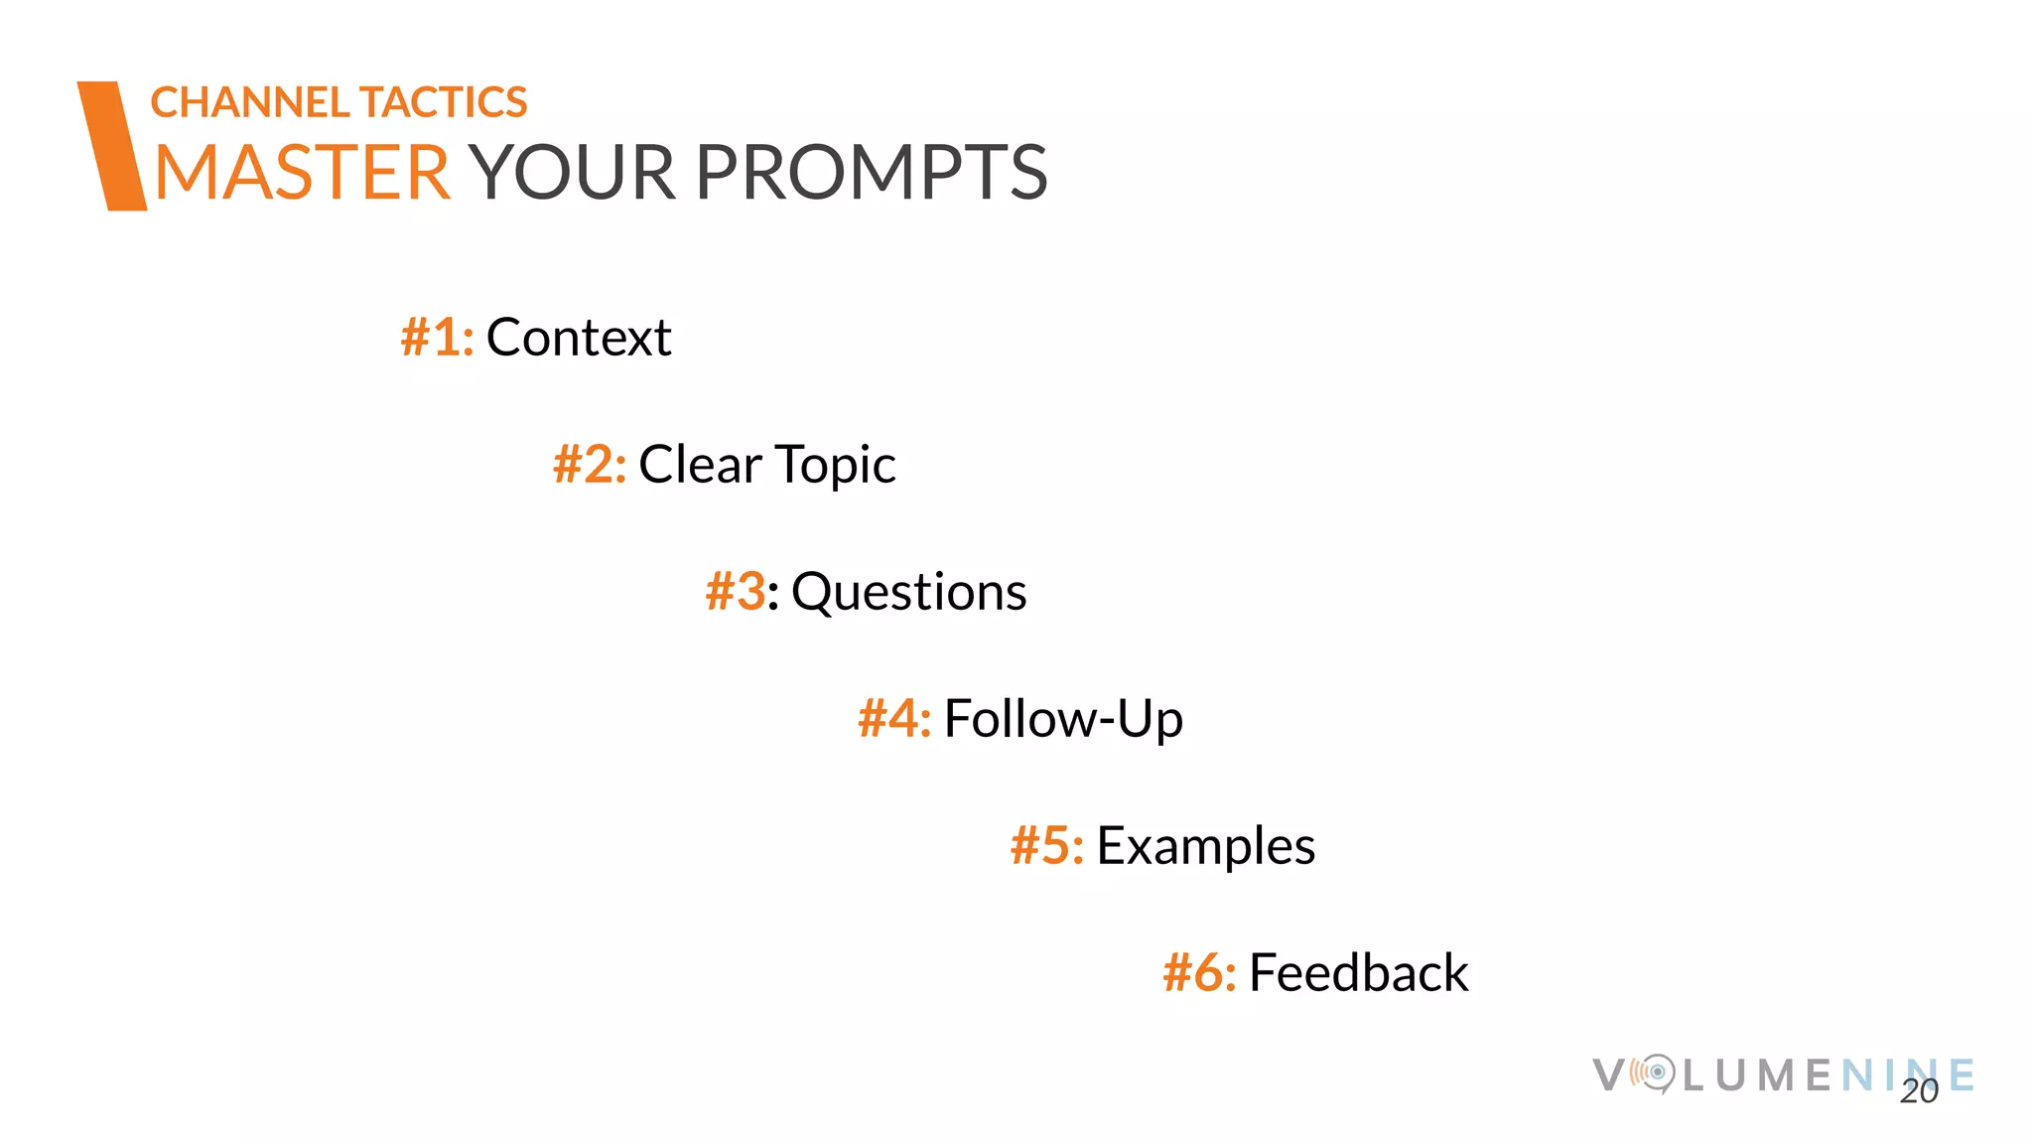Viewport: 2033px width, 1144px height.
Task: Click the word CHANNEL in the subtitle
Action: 249,102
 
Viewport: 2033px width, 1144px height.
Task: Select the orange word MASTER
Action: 303,173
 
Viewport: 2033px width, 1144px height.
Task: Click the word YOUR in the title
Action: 573,173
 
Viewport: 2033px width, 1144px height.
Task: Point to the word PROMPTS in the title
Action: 871,173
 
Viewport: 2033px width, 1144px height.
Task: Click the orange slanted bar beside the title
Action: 112,146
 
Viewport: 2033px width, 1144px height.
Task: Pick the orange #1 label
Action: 436,337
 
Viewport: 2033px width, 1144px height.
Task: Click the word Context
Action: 579,337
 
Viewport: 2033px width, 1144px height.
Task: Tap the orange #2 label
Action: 589,464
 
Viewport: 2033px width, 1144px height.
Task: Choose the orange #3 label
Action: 736,591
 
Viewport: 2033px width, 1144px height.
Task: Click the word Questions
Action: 908,593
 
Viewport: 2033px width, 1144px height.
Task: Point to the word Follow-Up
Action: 1063,719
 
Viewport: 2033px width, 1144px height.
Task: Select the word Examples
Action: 1205,847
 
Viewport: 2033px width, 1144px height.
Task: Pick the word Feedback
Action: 1358,972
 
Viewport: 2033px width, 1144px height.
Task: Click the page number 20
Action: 1919,1091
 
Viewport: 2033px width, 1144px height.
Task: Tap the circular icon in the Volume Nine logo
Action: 1655,1073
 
